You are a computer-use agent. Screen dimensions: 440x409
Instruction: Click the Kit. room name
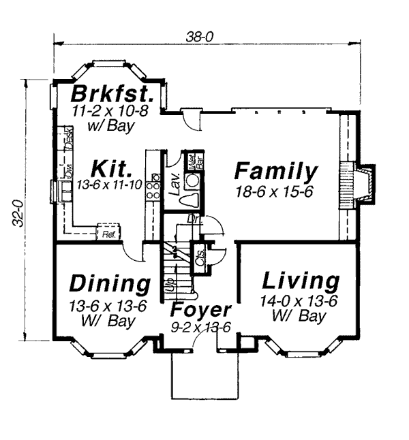coord(111,168)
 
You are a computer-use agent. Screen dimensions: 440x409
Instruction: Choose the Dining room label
coord(110,283)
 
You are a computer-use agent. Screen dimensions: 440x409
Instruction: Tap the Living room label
coord(301,281)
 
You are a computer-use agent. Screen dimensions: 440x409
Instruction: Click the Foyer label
coord(202,310)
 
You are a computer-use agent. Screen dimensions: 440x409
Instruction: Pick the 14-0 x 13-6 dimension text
coord(299,300)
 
